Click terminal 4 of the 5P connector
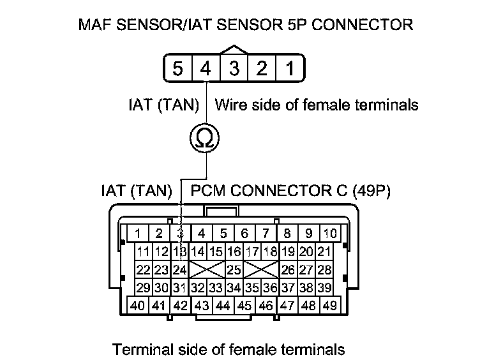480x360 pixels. click(x=206, y=68)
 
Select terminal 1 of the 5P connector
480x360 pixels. click(x=289, y=68)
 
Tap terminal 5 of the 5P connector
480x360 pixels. click(x=178, y=68)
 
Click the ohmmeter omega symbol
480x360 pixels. click(x=206, y=137)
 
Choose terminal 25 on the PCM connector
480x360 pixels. click(x=234, y=269)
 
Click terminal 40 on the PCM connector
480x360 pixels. click(x=138, y=305)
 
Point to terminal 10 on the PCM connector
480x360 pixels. click(x=329, y=234)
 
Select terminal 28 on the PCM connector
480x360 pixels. click(x=324, y=269)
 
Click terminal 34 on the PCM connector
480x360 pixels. click(x=234, y=287)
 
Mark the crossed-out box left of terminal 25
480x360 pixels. click(x=206, y=269)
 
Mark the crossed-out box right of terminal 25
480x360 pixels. click(x=261, y=269)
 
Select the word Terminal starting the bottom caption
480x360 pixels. click(x=139, y=349)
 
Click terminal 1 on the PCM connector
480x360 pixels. click(x=138, y=234)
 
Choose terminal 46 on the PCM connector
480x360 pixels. click(x=266, y=305)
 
